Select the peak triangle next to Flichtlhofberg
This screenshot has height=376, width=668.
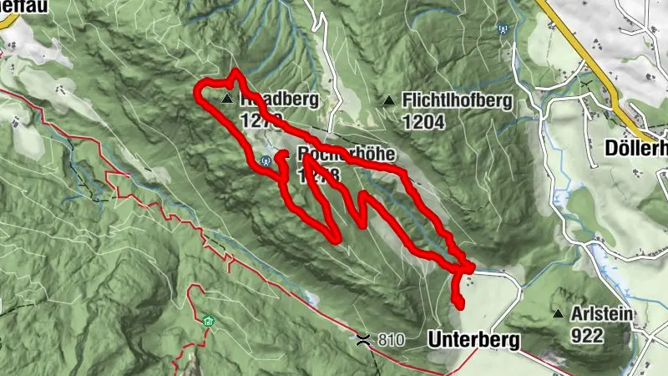pyautogui.click(x=388, y=101)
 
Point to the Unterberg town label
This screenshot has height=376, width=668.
pyautogui.click(x=473, y=340)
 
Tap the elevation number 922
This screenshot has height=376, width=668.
pyautogui.click(x=588, y=335)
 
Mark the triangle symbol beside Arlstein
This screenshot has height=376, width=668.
pyautogui.click(x=558, y=314)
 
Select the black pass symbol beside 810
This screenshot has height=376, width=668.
pyautogui.click(x=364, y=338)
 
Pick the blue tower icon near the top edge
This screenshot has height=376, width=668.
pyautogui.click(x=503, y=28)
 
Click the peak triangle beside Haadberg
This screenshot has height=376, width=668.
pyautogui.click(x=227, y=99)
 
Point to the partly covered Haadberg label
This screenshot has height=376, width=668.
pyautogui.click(x=279, y=100)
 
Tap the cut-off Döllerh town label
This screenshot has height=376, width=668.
pyautogui.click(x=635, y=148)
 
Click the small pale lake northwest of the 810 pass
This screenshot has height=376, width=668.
pyautogui.click(x=311, y=297)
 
